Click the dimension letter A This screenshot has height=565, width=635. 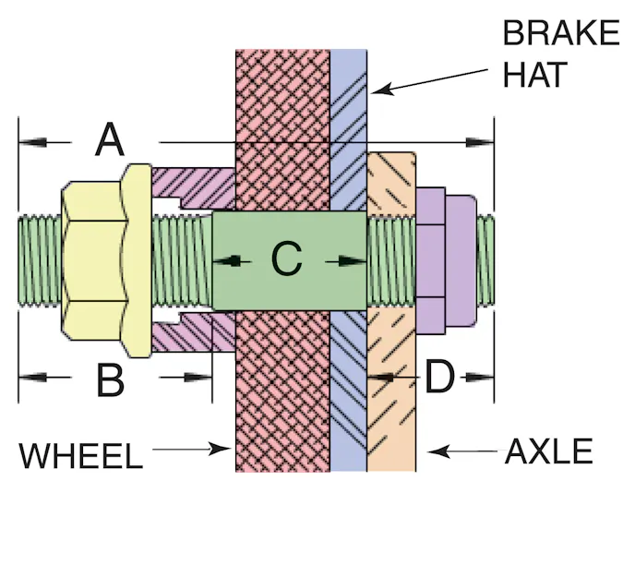coord(110,141)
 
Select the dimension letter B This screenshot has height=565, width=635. coord(110,379)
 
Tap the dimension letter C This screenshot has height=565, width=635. coord(286,261)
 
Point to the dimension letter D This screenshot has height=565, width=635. coord(439,377)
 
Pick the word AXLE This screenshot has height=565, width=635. coord(548,452)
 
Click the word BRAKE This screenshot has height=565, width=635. coord(560,33)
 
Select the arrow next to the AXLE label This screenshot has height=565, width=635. coord(461,452)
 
